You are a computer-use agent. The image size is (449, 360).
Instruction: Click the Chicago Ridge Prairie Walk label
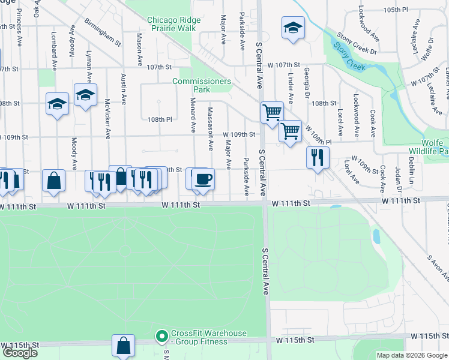tap(174, 24)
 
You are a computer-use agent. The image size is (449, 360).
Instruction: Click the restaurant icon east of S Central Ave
tap(318, 158)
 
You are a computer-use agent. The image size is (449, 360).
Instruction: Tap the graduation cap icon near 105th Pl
tap(293, 28)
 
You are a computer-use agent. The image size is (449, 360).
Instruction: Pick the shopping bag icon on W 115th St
tap(123, 346)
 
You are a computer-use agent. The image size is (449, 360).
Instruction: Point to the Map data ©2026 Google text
tap(412, 355)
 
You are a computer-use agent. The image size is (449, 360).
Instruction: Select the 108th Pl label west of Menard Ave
tap(160, 119)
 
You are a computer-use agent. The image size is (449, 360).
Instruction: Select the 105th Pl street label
tap(409, 10)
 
